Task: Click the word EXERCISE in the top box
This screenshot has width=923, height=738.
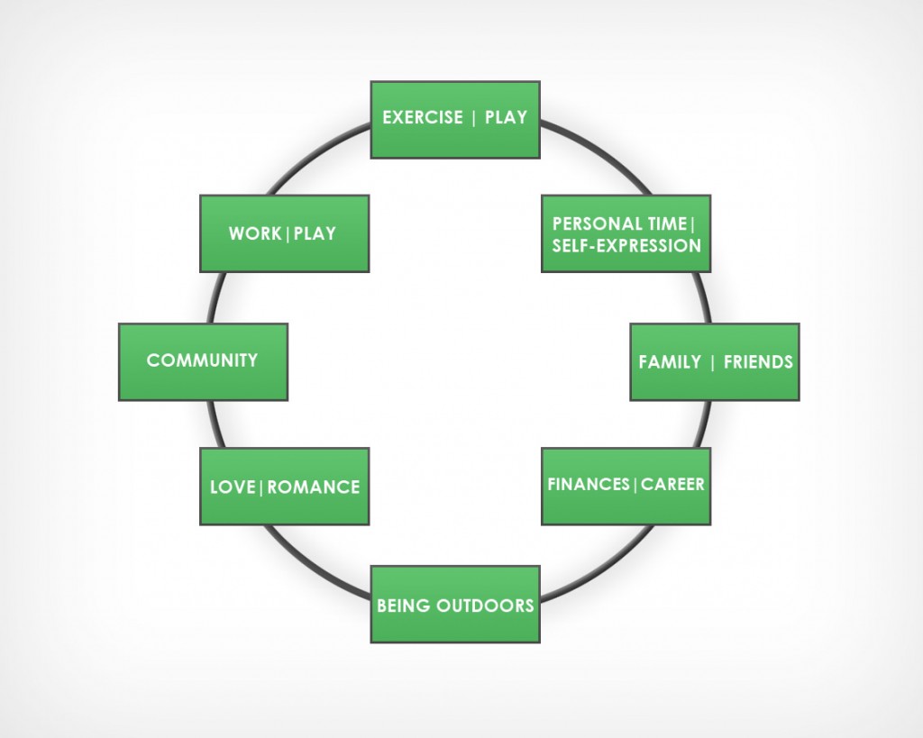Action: pos(423,118)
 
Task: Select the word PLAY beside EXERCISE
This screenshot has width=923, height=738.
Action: pos(506,118)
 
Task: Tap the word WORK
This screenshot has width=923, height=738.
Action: pos(255,234)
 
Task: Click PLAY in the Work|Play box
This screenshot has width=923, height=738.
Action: pos(315,234)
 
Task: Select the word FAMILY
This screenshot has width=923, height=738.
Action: pos(670,362)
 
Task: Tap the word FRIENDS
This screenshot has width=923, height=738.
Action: pos(758,362)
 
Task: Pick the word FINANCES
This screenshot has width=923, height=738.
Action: pos(589,485)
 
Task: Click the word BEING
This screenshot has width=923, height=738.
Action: pos(404,606)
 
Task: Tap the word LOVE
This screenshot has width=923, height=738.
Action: pos(233,487)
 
